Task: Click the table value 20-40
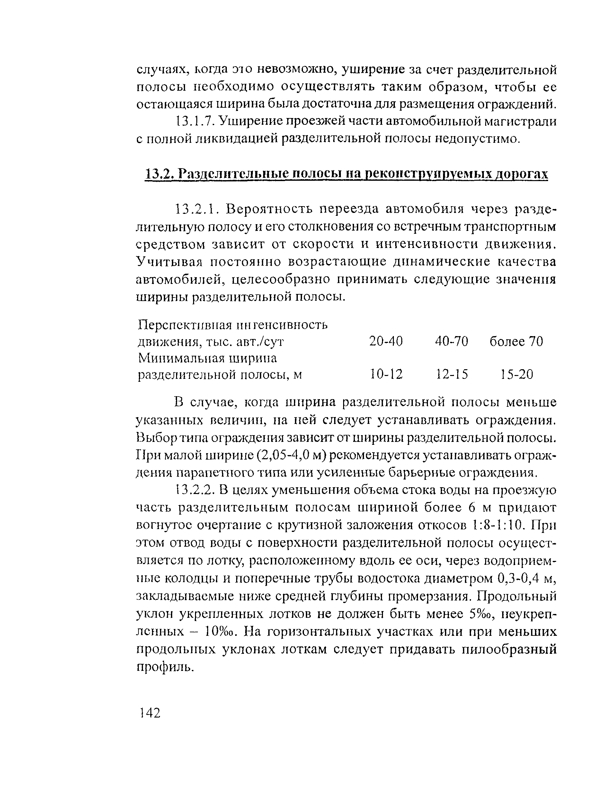pos(386,341)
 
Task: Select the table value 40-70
pos(452,341)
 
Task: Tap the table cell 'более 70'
pos(516,341)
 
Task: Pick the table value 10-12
pos(386,374)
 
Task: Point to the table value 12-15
pos(452,374)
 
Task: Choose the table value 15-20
pos(516,374)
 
